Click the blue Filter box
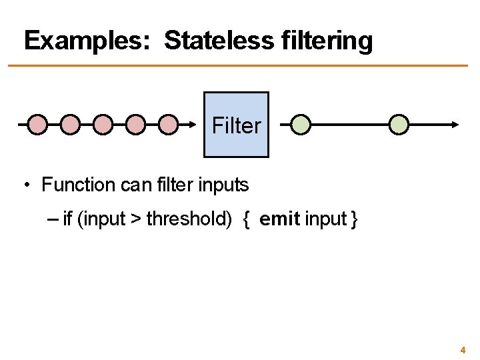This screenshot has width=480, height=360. (236, 125)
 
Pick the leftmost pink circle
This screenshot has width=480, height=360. (38, 124)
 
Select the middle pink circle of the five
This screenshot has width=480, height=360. (103, 124)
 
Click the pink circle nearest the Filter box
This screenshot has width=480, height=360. (169, 124)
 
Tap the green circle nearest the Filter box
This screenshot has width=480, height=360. (301, 124)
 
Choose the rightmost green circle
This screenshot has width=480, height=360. (399, 124)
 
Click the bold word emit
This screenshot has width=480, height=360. (279, 219)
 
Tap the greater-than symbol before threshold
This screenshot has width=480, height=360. (136, 219)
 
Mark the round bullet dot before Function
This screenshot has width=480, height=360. (24, 185)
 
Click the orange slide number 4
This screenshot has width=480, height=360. (462, 349)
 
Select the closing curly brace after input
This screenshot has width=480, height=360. (355, 219)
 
